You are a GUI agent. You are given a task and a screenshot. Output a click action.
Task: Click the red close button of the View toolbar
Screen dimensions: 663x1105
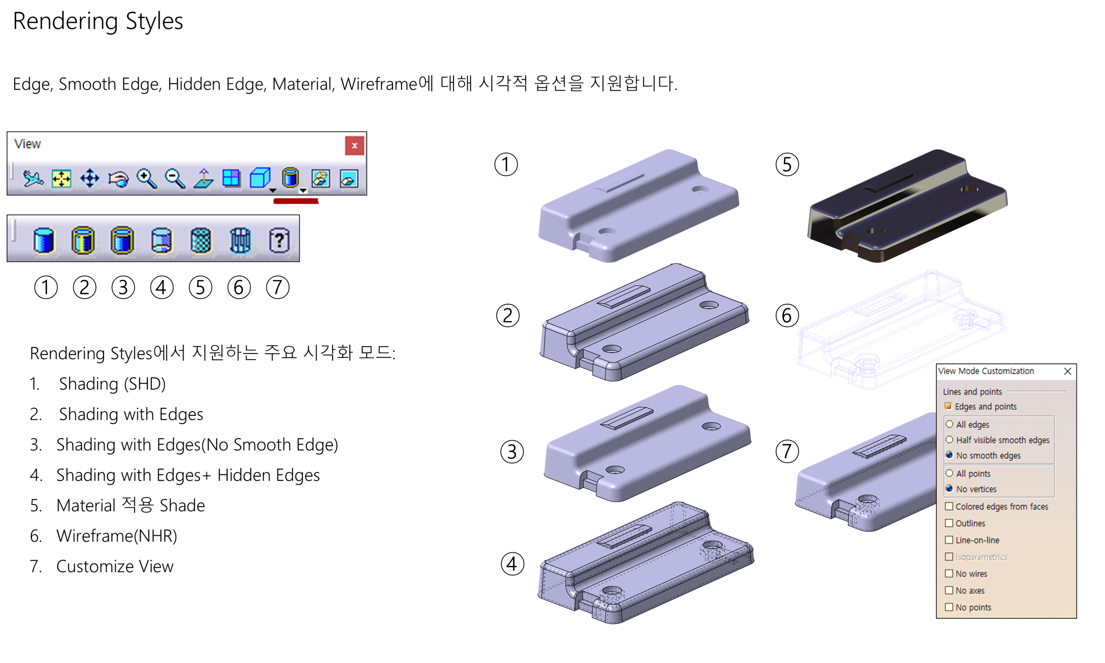click(354, 146)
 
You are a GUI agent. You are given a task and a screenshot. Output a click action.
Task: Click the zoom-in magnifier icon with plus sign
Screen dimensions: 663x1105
click(146, 179)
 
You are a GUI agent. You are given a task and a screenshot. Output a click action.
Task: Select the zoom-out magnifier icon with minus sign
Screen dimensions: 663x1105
click(175, 179)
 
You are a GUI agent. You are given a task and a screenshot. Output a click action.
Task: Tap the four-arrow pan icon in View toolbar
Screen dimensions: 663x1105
click(90, 178)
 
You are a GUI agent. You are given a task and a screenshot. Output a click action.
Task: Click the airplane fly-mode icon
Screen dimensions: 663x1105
click(33, 179)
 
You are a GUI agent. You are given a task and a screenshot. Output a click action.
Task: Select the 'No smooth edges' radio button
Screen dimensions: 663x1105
click(949, 455)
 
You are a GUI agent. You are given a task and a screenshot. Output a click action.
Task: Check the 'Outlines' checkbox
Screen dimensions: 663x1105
click(949, 523)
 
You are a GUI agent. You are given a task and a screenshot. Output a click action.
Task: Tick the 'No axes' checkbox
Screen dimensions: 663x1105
click(949, 591)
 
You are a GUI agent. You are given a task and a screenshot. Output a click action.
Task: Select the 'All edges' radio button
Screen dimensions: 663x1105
click(949, 424)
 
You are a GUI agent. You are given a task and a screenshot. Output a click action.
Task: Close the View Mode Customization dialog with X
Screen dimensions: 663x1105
click(1068, 371)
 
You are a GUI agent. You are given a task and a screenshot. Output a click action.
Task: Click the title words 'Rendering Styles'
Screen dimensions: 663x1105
click(98, 22)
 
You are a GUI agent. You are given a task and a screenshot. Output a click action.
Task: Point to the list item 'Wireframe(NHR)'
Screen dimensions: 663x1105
click(117, 536)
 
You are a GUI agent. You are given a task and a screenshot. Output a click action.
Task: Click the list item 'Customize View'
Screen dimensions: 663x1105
click(115, 566)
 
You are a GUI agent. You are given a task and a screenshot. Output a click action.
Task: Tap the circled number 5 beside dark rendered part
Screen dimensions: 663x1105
click(787, 164)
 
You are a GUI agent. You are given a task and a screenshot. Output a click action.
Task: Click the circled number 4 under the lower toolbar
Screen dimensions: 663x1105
click(162, 287)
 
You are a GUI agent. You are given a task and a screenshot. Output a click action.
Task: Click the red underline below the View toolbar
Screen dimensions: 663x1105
click(296, 201)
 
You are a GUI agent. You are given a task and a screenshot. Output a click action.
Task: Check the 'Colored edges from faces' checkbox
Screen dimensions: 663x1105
click(949, 507)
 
